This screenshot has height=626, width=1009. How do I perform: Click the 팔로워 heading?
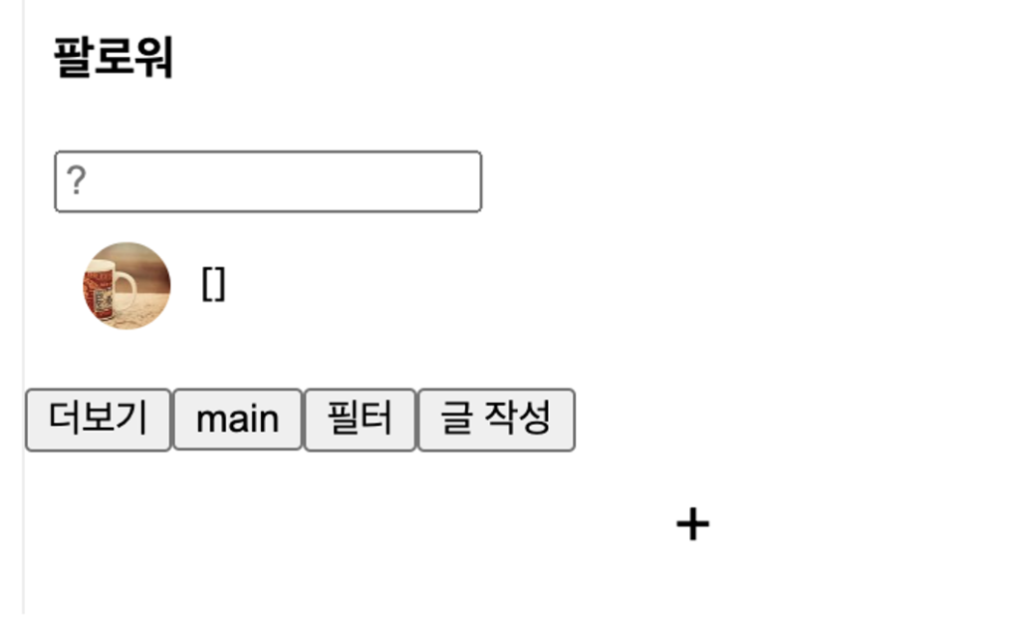[113, 58]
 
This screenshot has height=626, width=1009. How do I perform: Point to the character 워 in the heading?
[155, 58]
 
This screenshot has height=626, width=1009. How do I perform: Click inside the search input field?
[268, 182]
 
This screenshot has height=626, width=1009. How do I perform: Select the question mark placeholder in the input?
[76, 181]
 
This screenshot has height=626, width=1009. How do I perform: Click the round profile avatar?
[127, 286]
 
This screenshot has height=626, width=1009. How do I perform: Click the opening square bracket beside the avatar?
[207, 285]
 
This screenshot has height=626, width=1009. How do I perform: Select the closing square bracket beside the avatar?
[220, 285]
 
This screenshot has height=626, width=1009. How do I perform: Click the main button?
[237, 419]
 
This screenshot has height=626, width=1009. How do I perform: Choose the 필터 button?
[360, 419]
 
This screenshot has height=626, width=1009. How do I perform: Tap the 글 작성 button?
[496, 419]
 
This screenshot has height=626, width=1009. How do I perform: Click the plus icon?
[692, 525]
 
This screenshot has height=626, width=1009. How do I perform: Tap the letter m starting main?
[211, 420]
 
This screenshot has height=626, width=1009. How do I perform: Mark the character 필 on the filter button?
[342, 419]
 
